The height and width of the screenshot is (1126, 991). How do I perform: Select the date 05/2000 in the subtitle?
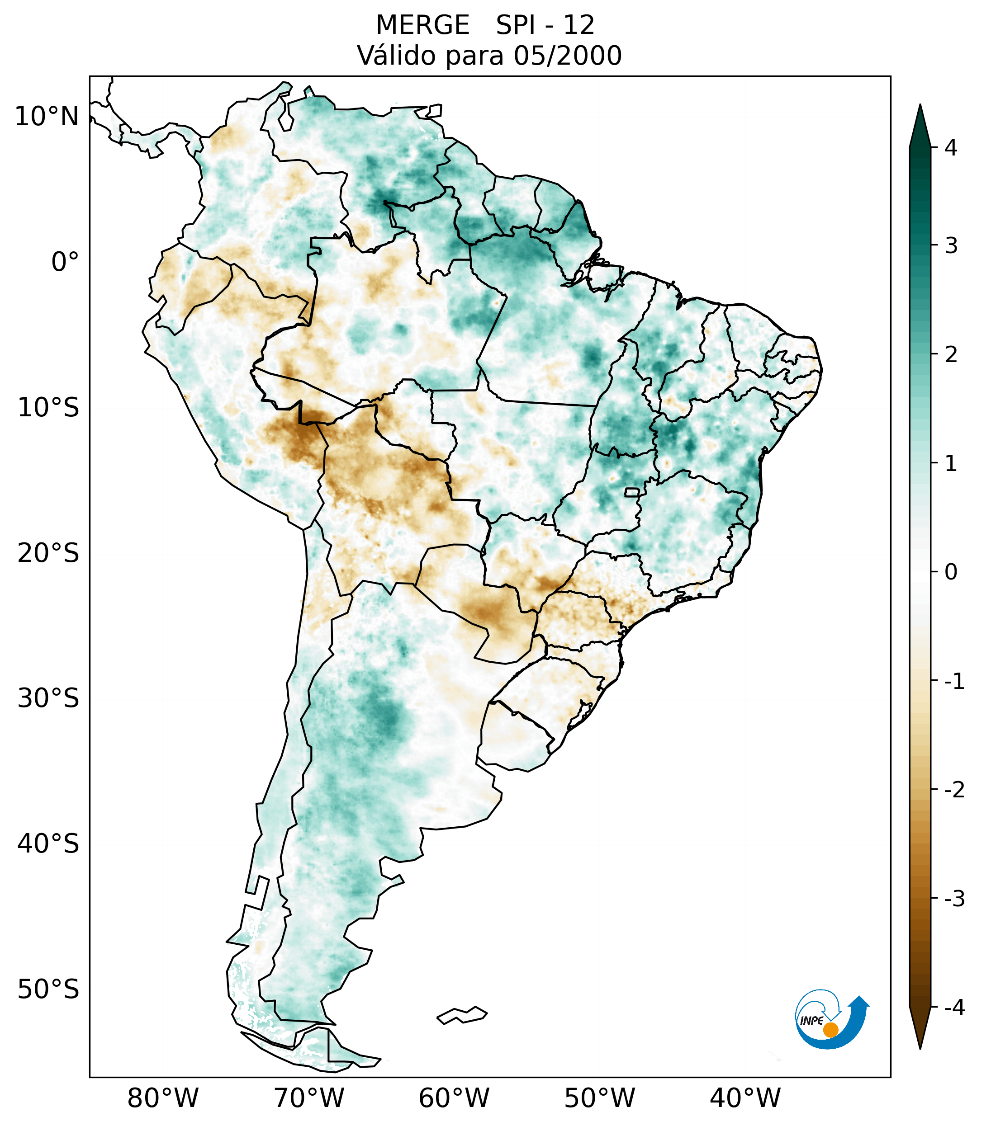(567, 56)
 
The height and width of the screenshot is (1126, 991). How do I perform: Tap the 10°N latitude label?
(47, 117)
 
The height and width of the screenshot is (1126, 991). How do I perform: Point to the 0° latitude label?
(65, 262)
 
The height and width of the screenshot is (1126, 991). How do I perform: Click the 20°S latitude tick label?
(48, 553)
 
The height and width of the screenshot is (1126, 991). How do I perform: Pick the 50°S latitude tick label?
(48, 990)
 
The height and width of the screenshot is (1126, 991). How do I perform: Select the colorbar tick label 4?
(950, 148)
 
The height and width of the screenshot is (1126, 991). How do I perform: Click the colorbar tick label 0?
(950, 572)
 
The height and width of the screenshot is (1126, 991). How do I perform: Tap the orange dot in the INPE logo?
(830, 1030)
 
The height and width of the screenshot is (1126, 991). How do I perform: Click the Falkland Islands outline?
(462, 1015)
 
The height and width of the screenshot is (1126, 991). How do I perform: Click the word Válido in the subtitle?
(393, 56)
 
